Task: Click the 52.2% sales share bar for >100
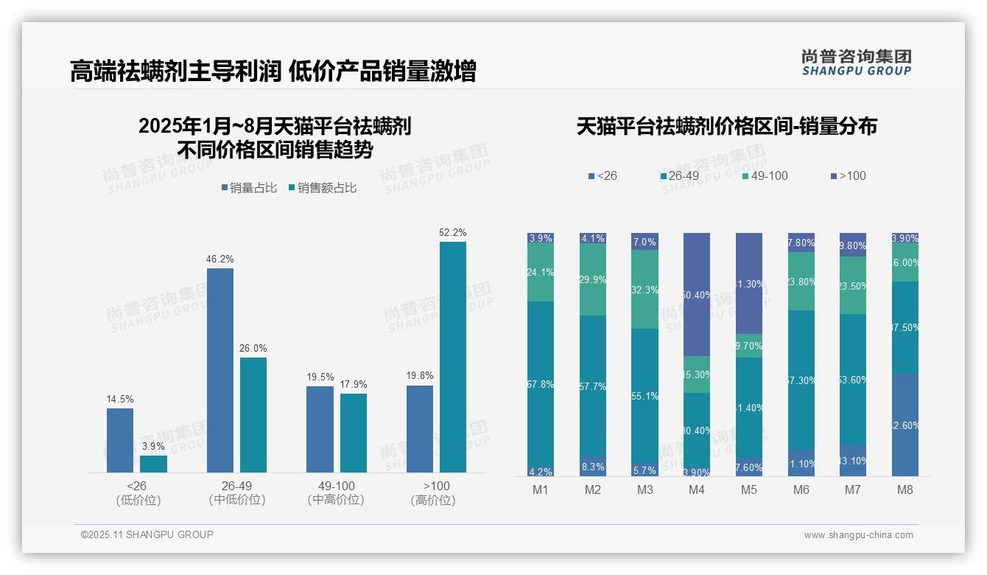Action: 453,357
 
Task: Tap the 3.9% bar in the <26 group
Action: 153,464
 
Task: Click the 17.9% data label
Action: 354,384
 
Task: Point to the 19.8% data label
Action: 420,375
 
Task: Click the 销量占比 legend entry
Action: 249,188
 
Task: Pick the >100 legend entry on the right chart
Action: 849,175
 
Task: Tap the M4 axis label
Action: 697,489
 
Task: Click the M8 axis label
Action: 905,489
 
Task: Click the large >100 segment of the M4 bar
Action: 697,294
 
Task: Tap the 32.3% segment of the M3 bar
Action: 644,289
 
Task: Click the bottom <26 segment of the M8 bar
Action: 905,424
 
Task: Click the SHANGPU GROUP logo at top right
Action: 856,63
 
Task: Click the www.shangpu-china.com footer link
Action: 858,535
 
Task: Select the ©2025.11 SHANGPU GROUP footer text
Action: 147,534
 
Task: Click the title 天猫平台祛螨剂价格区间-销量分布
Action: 726,126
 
